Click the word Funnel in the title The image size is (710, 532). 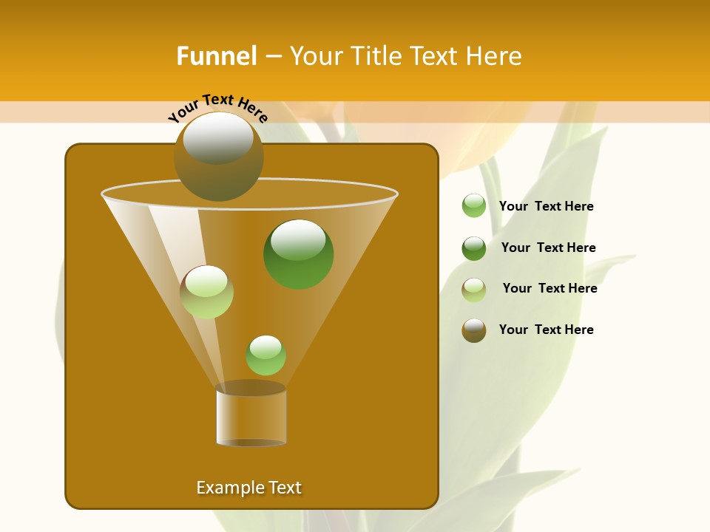point(216,56)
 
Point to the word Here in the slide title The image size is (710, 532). point(493,56)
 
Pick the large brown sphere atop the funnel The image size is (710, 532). point(218,156)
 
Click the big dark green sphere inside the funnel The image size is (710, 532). point(298,253)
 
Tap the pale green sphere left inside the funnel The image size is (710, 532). point(206,292)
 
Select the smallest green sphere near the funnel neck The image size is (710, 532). point(266,355)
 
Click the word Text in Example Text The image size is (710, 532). point(284,488)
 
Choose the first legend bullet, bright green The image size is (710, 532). point(473,205)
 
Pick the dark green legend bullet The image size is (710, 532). point(473,248)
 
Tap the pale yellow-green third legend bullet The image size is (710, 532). point(473,289)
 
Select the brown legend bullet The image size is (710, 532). point(473,330)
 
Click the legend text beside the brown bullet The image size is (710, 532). point(546,330)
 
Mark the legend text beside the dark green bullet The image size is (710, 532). point(548,248)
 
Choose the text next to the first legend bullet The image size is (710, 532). point(546,206)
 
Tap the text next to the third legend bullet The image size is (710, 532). point(550,288)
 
